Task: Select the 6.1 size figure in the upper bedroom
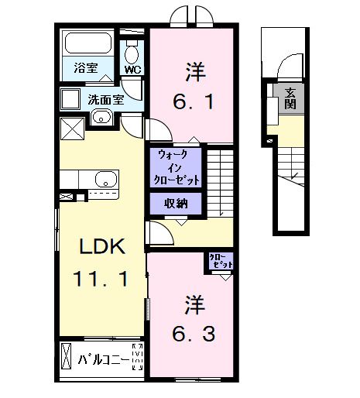194,99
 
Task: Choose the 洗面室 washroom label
104,99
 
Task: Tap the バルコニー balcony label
102,359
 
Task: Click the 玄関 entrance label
290,98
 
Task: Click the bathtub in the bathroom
87,44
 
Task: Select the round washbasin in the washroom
101,118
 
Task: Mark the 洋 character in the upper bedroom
194,71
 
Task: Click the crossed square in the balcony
67,359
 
